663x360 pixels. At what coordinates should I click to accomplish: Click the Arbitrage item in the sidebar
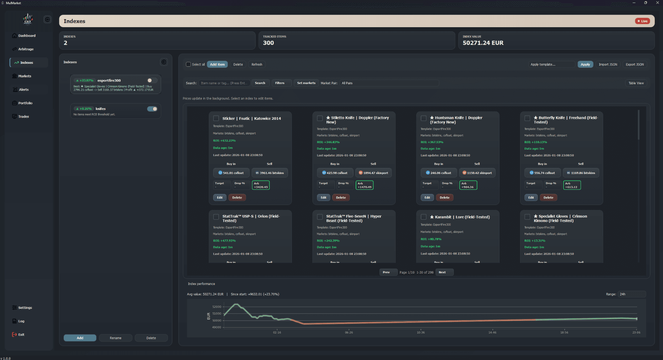(x=26, y=49)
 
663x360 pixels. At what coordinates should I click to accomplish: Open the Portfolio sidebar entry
(x=25, y=103)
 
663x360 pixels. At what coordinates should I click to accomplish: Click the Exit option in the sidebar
(x=21, y=335)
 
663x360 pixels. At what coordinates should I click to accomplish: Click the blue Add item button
(x=217, y=65)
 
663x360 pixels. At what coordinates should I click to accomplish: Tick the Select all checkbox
(x=189, y=65)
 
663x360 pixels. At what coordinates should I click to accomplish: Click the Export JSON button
(x=634, y=65)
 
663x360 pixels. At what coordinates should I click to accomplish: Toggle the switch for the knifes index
(x=152, y=109)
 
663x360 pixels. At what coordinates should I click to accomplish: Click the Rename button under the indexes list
(x=116, y=338)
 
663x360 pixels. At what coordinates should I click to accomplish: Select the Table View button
(x=636, y=83)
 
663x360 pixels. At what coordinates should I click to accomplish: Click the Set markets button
(x=306, y=83)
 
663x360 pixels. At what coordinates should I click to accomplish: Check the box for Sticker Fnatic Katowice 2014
(x=216, y=118)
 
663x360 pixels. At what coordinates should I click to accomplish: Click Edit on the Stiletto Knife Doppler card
(x=323, y=198)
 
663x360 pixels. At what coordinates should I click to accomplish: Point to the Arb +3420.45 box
(x=261, y=185)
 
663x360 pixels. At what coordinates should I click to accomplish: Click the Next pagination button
(x=442, y=273)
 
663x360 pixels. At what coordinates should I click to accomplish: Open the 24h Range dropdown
(x=631, y=294)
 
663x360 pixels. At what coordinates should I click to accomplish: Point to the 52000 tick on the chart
(x=217, y=307)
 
